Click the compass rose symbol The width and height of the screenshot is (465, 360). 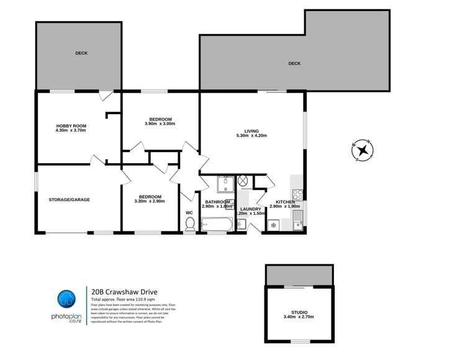click(362, 150)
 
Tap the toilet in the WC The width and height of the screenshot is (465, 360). click(191, 224)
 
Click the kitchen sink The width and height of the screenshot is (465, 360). click(297, 218)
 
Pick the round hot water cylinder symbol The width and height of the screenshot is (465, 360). click(243, 181)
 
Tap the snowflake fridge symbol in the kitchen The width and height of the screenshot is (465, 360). click(272, 225)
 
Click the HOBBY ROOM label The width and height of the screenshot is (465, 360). click(71, 125)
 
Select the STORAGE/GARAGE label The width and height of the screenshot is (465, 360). click(70, 200)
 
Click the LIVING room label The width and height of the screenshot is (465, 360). click(251, 131)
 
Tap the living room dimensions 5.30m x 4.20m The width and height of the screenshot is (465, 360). click(251, 137)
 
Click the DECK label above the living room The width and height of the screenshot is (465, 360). click(294, 63)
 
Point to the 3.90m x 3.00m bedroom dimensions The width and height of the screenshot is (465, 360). click(160, 124)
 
